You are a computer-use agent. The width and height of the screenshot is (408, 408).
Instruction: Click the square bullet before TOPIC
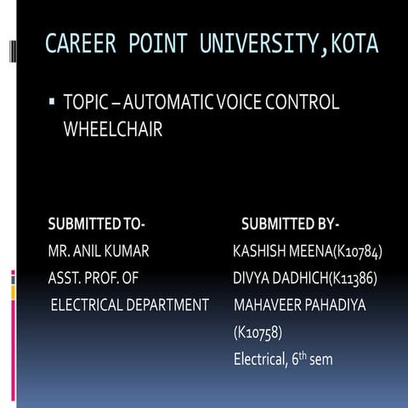tap(52, 104)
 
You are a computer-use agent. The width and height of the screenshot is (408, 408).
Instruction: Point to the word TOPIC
tap(87, 104)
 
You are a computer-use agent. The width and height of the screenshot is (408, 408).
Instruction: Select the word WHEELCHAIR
tap(114, 133)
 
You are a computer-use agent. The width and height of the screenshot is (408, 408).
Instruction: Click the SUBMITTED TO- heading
tap(97, 225)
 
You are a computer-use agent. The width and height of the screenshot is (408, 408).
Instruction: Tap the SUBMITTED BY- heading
tap(290, 225)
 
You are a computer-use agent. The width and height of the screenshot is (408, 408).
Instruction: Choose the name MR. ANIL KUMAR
tap(99, 252)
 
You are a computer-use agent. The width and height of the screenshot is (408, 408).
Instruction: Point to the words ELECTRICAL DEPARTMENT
tap(130, 304)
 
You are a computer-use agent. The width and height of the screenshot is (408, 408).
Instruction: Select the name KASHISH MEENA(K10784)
tap(307, 252)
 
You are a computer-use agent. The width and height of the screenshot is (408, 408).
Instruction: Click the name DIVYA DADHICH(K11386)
tap(304, 278)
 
